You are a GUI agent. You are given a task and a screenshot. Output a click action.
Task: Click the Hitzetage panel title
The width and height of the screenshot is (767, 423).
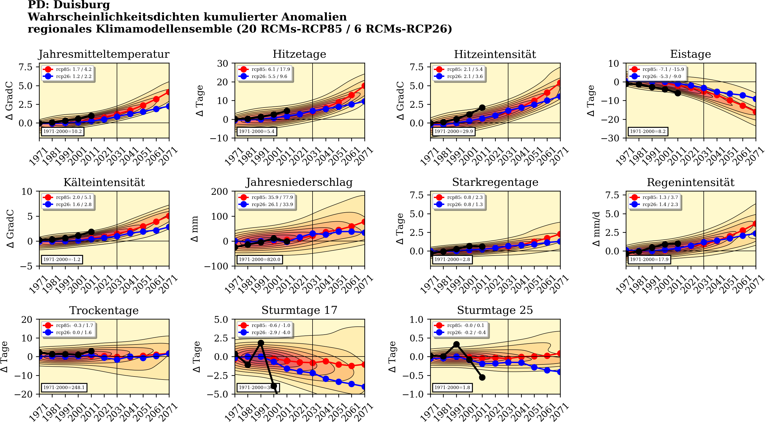[299, 54]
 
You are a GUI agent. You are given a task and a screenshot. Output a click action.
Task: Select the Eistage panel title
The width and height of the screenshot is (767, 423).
[690, 54]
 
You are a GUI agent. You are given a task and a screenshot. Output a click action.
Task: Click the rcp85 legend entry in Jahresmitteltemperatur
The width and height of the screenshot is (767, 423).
[68, 69]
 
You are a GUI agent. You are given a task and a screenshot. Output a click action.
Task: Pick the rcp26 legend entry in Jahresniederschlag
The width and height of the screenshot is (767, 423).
[266, 204]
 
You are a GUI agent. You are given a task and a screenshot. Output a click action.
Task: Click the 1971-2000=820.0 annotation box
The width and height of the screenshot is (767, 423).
[259, 259]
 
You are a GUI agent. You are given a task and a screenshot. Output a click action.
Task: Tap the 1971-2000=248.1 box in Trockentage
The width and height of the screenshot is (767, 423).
[64, 387]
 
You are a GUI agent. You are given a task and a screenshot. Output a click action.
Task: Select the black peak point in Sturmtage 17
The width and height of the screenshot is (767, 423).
[261, 343]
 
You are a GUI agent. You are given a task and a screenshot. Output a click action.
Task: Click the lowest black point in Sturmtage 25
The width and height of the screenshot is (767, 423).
[482, 378]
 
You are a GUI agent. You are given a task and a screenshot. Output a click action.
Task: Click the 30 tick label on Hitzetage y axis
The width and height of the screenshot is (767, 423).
[222, 63]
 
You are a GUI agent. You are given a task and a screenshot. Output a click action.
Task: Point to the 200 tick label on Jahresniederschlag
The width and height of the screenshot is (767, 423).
[219, 192]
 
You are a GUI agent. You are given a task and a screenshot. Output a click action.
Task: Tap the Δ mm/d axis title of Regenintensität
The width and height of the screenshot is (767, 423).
[596, 229]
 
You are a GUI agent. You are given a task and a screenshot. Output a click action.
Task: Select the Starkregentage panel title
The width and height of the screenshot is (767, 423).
[495, 182]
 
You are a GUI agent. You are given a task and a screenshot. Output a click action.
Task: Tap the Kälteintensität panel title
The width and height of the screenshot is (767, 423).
[104, 182]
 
